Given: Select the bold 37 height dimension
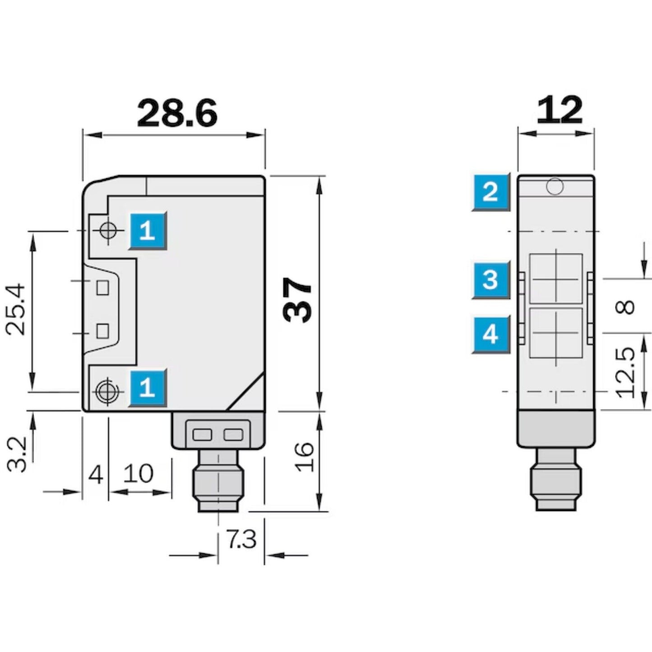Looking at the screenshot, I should [x=298, y=300].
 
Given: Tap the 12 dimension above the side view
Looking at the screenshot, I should [x=559, y=110].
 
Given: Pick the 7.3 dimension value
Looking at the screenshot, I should [x=241, y=539].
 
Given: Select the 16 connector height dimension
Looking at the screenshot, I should [x=305, y=457].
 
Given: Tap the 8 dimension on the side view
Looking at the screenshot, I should [x=625, y=307].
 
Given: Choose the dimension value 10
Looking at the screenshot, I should [x=138, y=474].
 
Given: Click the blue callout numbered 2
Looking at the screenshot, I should [x=490, y=192].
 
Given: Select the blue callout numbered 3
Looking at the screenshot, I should [x=490, y=279].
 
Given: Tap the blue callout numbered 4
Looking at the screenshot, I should [x=490, y=334].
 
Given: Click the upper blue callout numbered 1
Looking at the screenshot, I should [x=148, y=231].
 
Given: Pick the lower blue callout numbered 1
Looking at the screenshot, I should [x=148, y=388].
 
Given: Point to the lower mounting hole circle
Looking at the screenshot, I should [x=107, y=391].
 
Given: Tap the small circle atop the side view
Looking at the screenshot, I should [x=555, y=186].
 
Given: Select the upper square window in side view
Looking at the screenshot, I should [x=555, y=278].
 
